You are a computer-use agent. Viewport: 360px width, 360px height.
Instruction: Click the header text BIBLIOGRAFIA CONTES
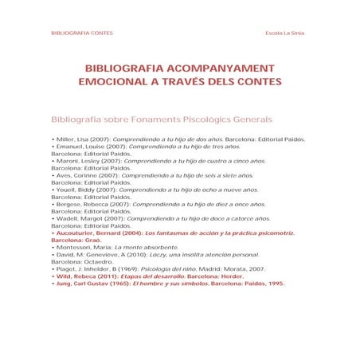(81, 33)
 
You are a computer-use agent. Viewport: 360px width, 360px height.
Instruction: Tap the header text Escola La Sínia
(285, 33)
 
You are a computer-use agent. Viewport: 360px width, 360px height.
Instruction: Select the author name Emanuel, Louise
(80, 147)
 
